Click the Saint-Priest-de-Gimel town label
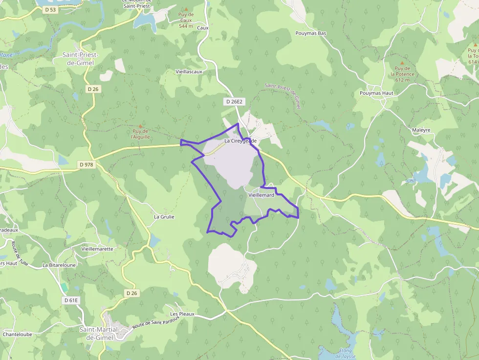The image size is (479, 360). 81,59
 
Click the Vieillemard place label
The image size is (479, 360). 261,195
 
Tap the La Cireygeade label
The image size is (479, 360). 240,141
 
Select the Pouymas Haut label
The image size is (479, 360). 376,92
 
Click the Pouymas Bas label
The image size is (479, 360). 311,33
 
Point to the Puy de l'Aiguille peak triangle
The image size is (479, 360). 141,126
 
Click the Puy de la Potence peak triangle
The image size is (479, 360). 402,63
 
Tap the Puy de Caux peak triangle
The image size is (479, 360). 186,9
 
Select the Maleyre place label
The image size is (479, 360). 421,130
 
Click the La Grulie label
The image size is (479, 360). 164,216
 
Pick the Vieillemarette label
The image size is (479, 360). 97,249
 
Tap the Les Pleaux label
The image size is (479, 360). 182,314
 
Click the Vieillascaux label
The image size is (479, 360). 189,71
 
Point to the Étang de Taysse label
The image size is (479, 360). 346,354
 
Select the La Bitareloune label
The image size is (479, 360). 59,265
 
